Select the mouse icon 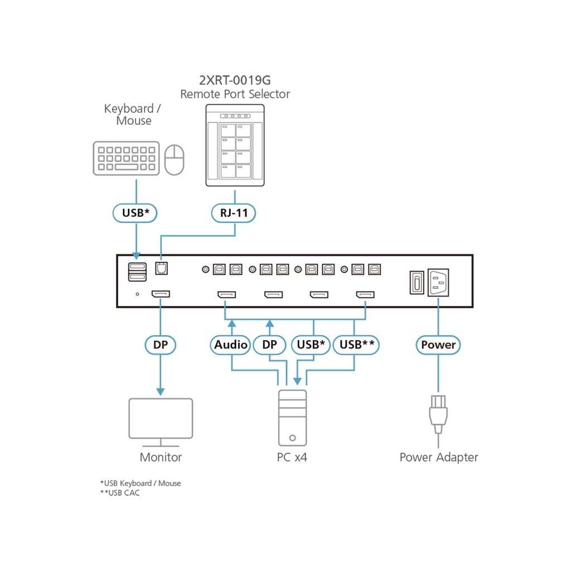point(175,159)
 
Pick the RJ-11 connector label point(234,212)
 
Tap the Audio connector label point(231,345)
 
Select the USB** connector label point(356,345)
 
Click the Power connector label point(438,345)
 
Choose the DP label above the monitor point(161,345)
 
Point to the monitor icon point(161,422)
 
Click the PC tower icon point(292,418)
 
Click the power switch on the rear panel point(415,282)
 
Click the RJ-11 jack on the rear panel point(161,268)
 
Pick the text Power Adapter point(438,458)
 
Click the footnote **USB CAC point(120,493)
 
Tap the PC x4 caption point(292,458)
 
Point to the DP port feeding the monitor point(161,294)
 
